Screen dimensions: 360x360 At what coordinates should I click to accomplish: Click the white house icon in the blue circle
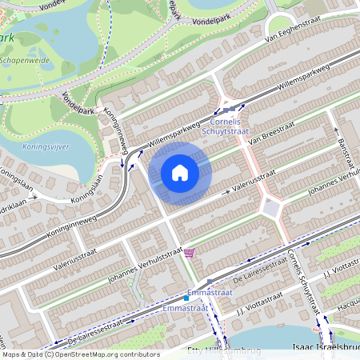click(180, 172)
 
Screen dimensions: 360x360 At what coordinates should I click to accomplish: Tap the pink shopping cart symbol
click(189, 253)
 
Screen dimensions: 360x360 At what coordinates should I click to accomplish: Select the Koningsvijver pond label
click(47, 147)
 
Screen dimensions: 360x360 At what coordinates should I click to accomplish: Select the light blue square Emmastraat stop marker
click(186, 298)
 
